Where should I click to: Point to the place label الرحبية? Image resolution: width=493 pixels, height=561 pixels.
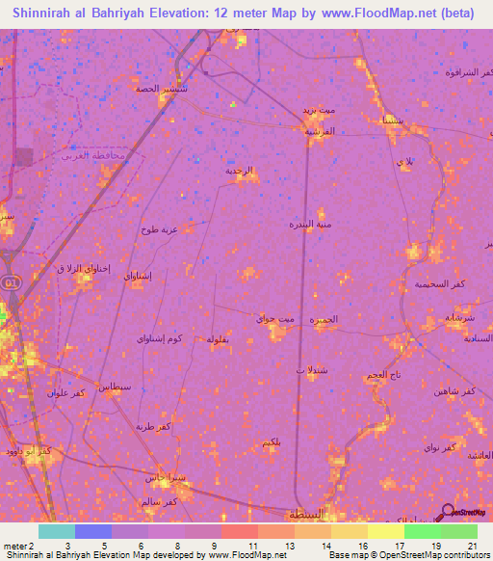tap(240, 171)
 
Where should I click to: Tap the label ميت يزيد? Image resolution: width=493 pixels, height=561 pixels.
tap(318, 111)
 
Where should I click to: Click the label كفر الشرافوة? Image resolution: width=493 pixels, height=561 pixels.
tap(468, 71)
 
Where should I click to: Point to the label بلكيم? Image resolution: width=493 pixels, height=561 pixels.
tap(272, 441)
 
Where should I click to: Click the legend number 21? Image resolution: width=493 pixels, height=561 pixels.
tap(471, 546)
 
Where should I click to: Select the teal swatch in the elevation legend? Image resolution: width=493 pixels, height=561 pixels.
tap(56, 531)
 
